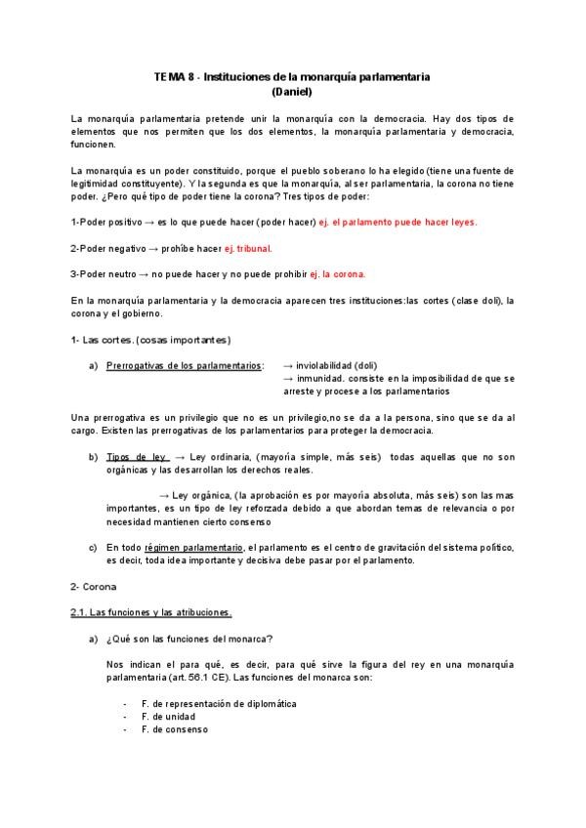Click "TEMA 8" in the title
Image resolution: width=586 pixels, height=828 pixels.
[x=173, y=75]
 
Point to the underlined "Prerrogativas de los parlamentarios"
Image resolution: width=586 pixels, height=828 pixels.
[x=184, y=366]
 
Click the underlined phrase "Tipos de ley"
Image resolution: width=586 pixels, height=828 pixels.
[x=137, y=457]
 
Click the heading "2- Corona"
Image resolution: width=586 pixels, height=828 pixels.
[x=94, y=587]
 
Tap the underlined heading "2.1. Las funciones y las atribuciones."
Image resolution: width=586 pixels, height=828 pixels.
[x=151, y=612]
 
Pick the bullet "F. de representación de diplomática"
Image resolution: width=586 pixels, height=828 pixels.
[x=218, y=704]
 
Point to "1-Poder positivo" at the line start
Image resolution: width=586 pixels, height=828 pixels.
[x=106, y=223]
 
